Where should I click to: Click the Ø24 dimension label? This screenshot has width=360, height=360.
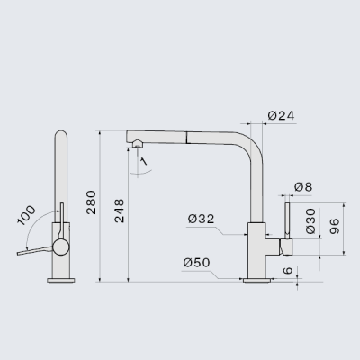tap(281, 115)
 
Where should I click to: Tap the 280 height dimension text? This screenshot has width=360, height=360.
tap(91, 202)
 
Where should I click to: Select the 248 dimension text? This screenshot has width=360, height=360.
tap(119, 211)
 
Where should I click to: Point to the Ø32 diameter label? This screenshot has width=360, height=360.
tap(202, 219)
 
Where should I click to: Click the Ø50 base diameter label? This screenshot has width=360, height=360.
tap(196, 263)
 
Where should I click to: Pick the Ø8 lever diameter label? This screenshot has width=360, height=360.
tap(303, 187)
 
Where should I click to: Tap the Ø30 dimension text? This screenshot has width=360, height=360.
tap(310, 221)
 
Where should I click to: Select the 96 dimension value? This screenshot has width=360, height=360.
tap(335, 227)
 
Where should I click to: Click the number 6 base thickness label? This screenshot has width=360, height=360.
tap(288, 270)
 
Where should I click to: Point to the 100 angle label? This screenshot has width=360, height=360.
tap(26, 215)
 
